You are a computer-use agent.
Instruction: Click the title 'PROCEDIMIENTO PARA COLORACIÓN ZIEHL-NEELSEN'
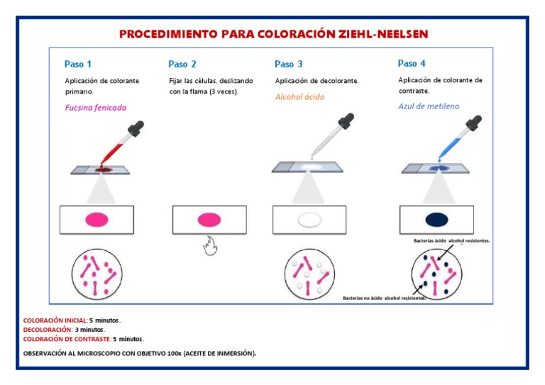point(273,34)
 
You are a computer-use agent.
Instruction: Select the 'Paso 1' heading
point(78,64)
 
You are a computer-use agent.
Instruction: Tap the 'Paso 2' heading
point(182,64)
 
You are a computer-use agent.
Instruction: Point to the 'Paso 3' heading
point(289,64)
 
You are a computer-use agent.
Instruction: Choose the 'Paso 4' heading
point(412,63)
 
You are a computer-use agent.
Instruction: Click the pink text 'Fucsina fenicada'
point(95,108)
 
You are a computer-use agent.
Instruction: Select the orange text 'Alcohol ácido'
point(299,97)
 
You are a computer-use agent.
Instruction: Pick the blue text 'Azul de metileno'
point(429,106)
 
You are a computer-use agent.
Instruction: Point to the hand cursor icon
point(209,247)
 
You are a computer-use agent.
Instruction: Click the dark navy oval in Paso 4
point(436,219)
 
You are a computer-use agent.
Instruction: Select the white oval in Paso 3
point(309,220)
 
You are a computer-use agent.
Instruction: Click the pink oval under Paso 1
point(97,220)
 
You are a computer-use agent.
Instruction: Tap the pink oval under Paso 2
point(209,219)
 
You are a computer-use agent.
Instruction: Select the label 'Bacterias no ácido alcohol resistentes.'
point(384,298)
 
